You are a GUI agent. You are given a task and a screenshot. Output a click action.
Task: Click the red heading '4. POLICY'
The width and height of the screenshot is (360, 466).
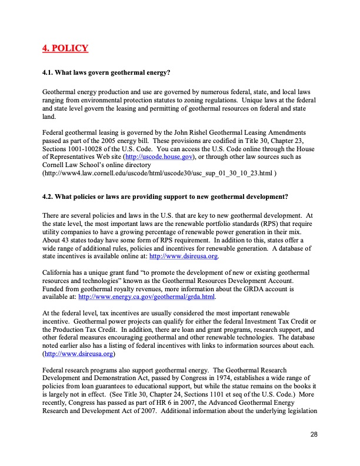65,48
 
